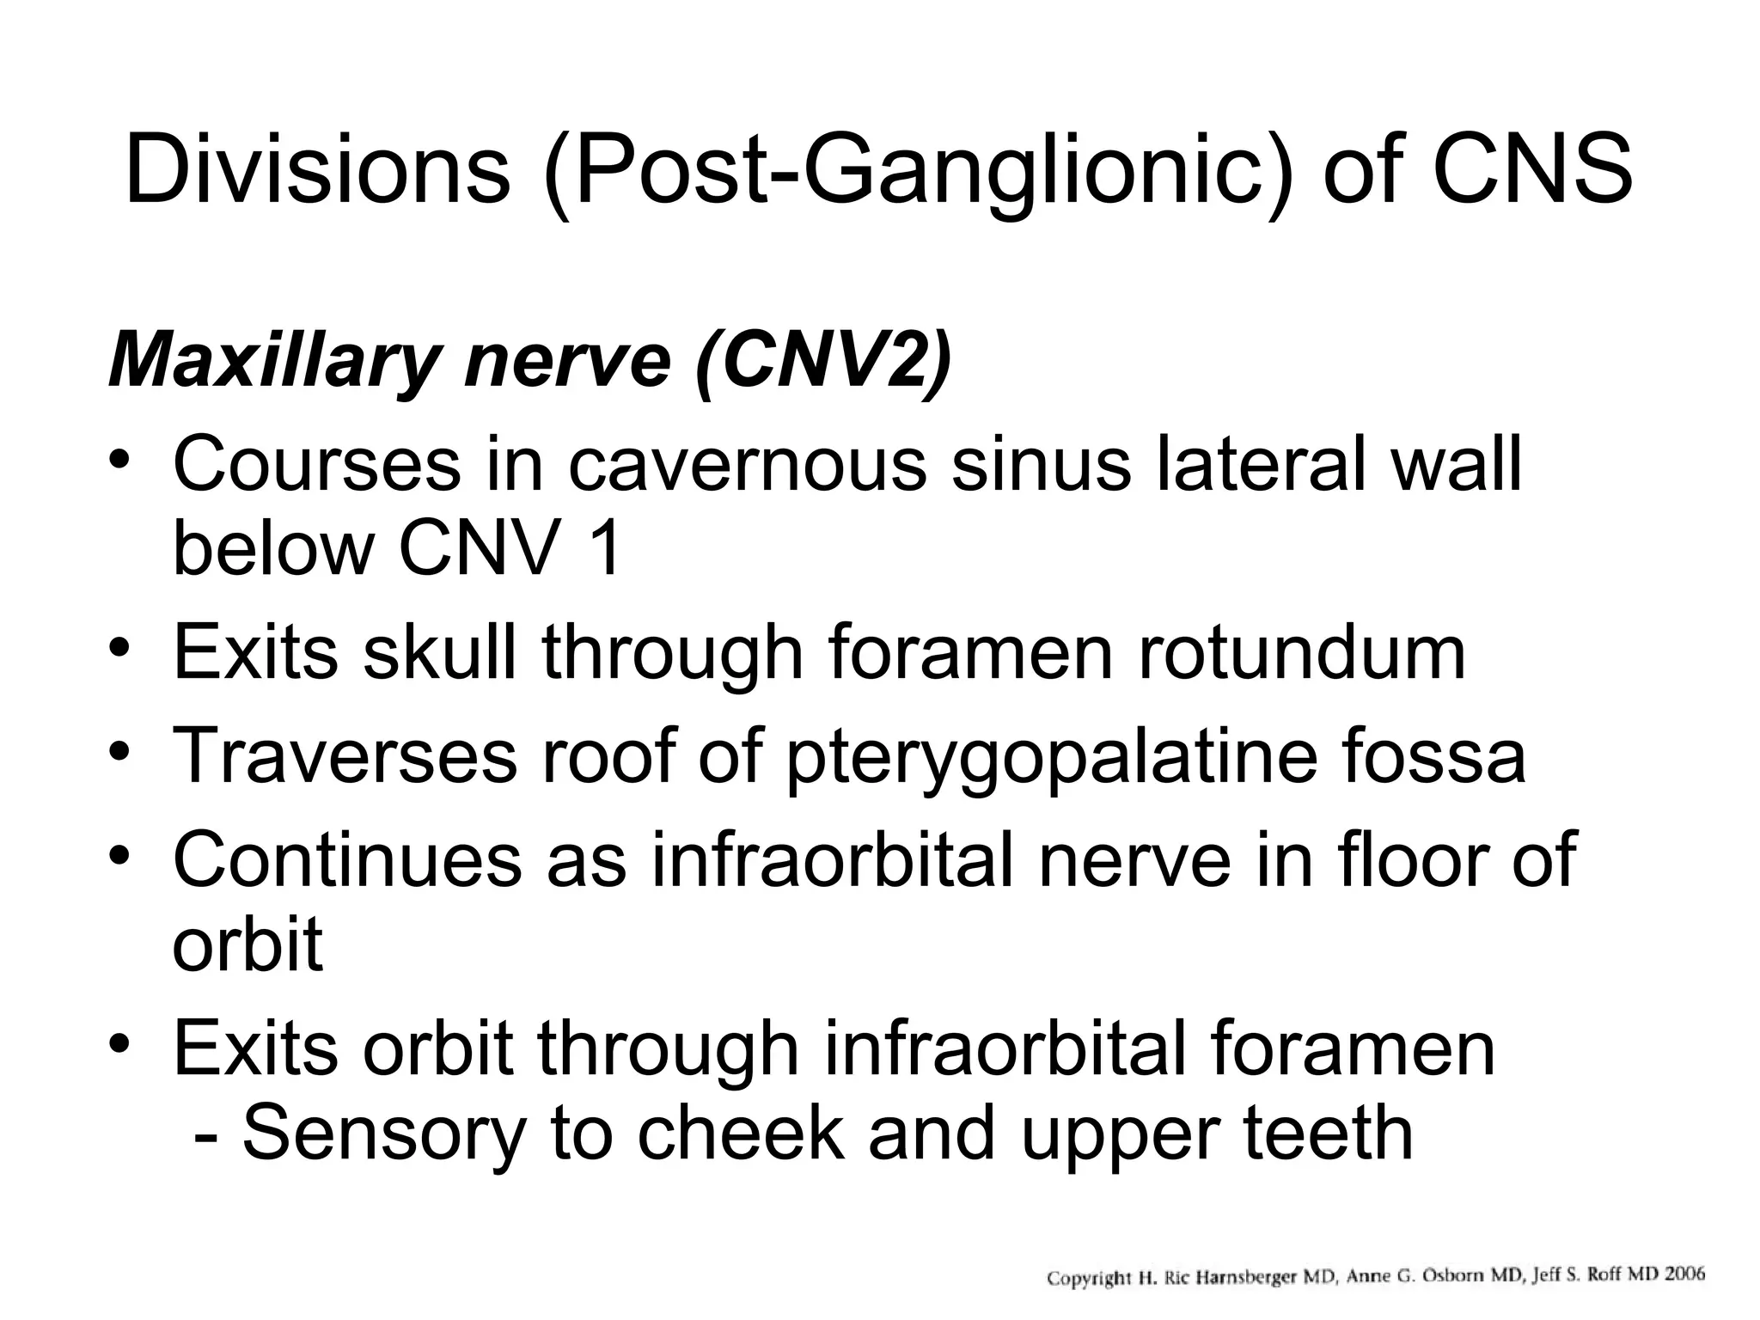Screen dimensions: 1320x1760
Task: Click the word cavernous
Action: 748,464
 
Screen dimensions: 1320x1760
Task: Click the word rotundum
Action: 1301,653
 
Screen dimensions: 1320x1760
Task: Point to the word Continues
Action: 346,859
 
